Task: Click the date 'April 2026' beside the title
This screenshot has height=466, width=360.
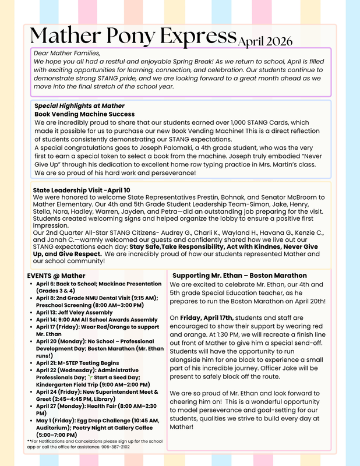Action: pyautogui.click(x=265, y=41)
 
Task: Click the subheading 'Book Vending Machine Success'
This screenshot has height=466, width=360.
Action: pyautogui.click(x=84, y=114)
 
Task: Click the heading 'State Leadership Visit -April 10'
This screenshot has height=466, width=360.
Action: pyautogui.click(x=82, y=190)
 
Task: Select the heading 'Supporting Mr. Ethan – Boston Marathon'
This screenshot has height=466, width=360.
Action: pyautogui.click(x=239, y=276)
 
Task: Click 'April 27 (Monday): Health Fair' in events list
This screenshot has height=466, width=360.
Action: pyautogui.click(x=87, y=407)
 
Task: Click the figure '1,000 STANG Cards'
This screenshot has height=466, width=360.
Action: pyautogui.click(x=262, y=123)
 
